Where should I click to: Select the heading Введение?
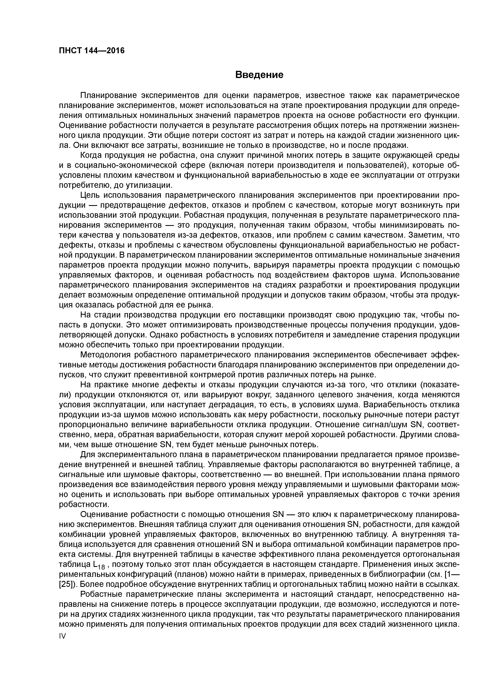tap(259, 75)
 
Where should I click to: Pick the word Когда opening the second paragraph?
tap(91, 155)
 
